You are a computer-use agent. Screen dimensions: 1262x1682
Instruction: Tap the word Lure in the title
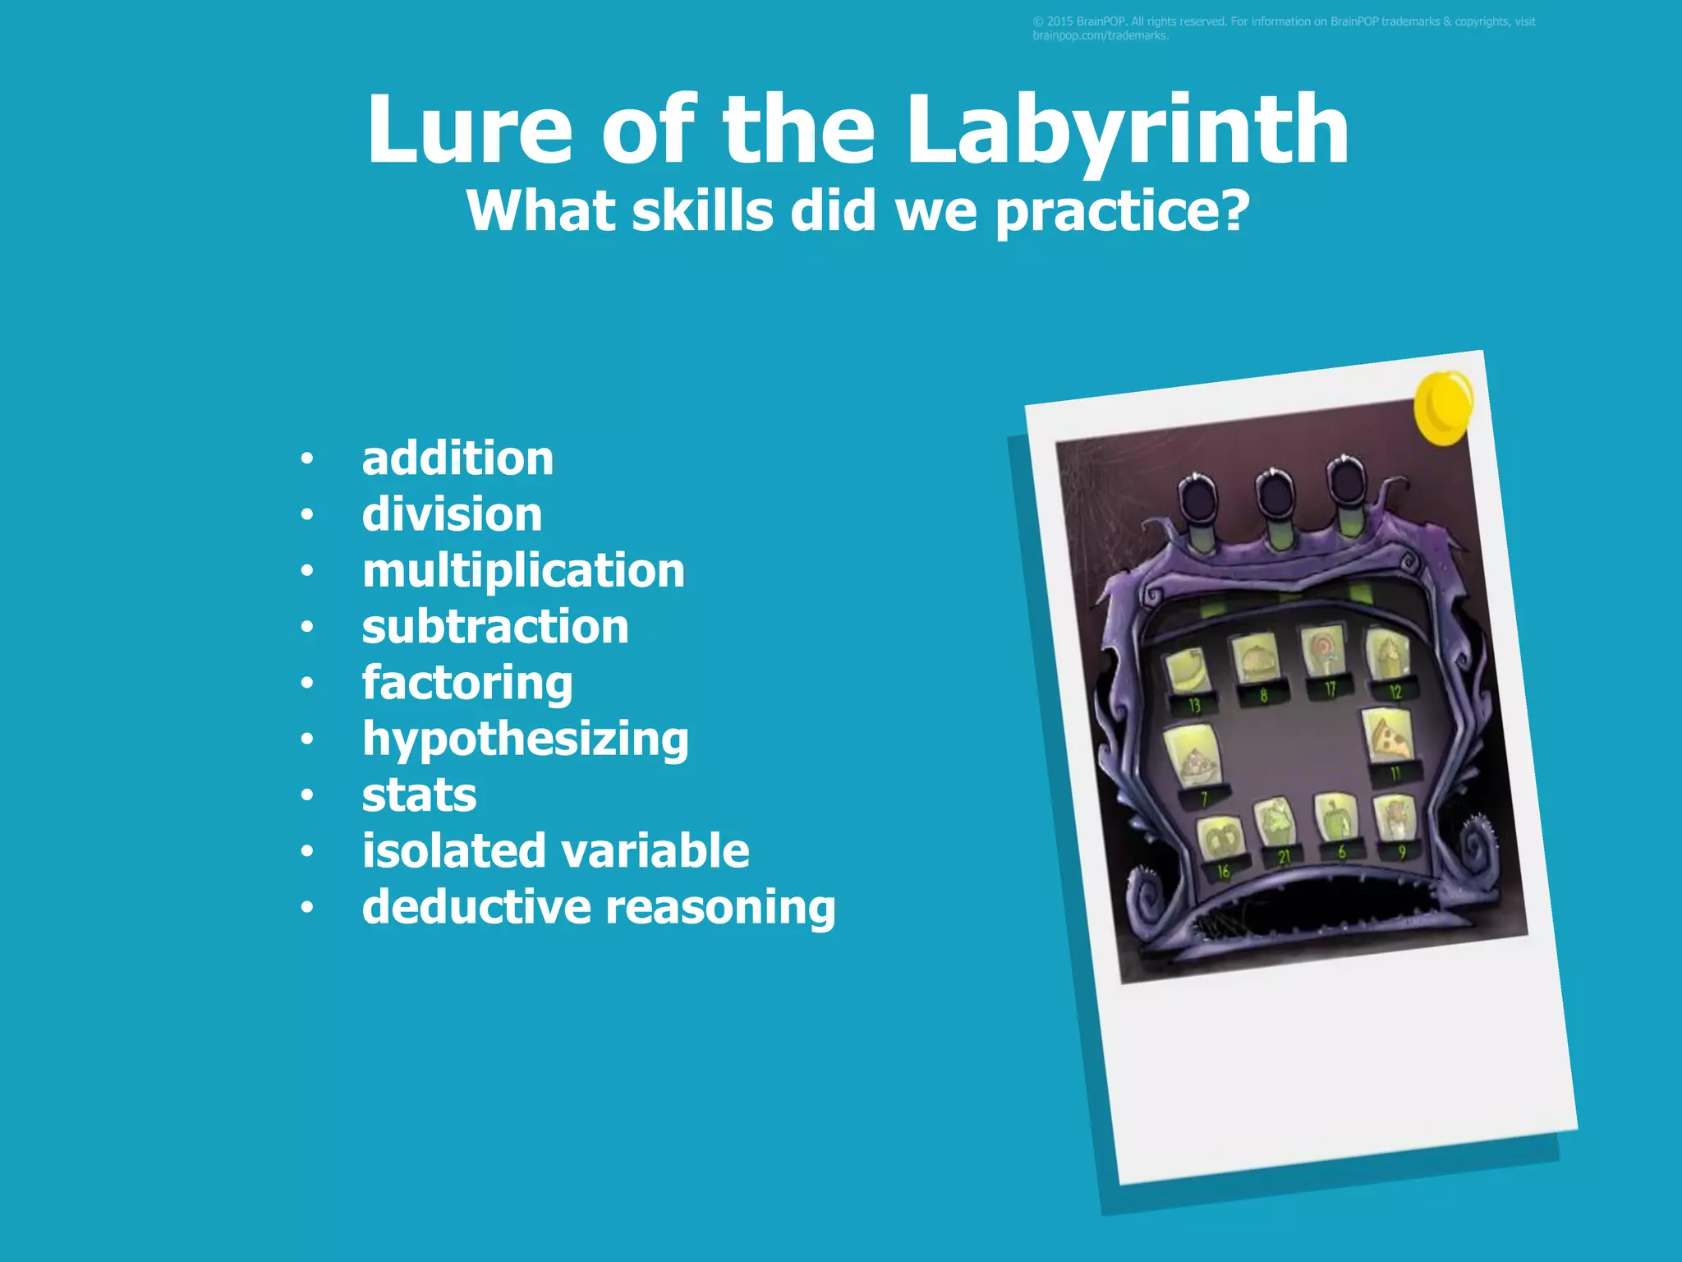[x=469, y=131]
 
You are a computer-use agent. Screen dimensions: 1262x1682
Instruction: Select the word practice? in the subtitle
[x=1122, y=212]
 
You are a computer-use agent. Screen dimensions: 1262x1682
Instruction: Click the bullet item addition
[x=457, y=458]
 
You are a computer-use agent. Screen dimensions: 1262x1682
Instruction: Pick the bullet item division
[x=452, y=515]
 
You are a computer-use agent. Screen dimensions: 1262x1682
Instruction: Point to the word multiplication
[x=523, y=571]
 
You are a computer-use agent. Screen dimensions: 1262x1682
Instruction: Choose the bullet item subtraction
[x=495, y=627]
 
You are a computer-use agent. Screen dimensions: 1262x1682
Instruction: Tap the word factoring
[x=467, y=684]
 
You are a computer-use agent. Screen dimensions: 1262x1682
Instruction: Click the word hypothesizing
[x=526, y=739]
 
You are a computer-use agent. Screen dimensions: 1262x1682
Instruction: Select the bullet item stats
[x=419, y=795]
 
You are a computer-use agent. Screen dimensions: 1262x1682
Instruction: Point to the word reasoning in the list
[x=720, y=907]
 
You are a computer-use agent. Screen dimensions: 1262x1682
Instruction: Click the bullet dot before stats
[x=307, y=795]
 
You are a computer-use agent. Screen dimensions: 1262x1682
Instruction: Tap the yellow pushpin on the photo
[x=1443, y=405]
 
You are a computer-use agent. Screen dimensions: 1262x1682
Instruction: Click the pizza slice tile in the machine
[x=1388, y=735]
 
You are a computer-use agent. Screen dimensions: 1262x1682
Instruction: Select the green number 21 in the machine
[x=1284, y=857]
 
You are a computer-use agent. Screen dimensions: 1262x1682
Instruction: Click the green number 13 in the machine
[x=1194, y=705]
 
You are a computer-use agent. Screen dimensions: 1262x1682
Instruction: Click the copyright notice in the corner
[x=1284, y=28]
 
